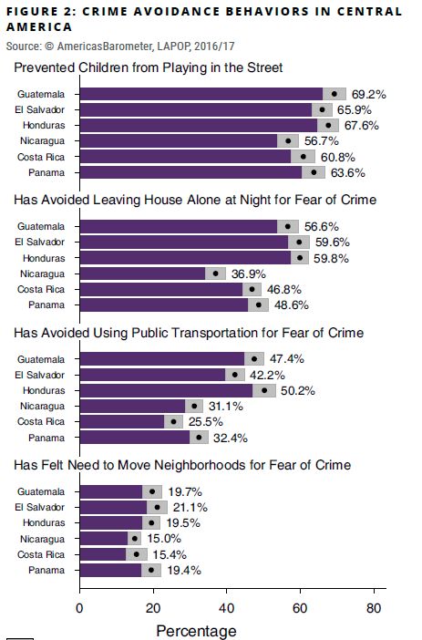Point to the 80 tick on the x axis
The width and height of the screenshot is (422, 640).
373,608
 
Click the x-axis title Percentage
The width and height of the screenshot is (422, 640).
196,630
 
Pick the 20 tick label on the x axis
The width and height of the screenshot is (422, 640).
153,608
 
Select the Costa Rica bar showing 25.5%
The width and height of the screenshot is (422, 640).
122,421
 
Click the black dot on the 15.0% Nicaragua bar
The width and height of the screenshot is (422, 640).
135,538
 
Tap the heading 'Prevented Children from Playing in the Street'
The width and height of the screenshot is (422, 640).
149,67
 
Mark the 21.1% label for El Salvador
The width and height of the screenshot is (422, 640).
186,507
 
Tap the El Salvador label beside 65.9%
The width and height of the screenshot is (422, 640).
42,109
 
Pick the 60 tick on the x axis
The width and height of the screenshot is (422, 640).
300,608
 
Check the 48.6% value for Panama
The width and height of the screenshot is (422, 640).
293,305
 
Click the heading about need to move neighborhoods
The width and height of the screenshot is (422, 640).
182,465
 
